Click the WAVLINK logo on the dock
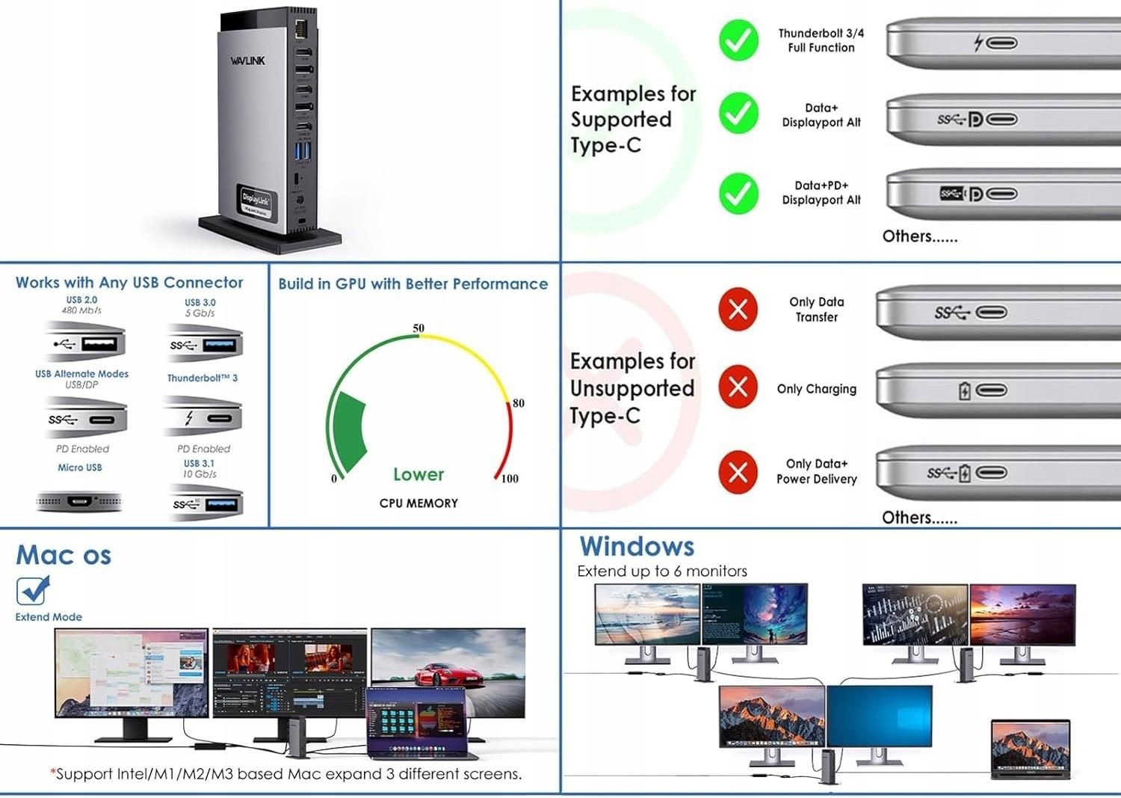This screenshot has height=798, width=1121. tap(247, 61)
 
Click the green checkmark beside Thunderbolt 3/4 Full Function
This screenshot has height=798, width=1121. tap(738, 40)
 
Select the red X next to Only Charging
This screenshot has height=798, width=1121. tap(738, 387)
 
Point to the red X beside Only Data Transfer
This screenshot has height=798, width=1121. tap(738, 309)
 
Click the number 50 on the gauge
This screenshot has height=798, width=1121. tap(419, 328)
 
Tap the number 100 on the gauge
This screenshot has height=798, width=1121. tap(510, 479)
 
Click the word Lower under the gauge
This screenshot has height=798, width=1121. tap(419, 474)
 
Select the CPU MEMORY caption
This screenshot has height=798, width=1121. tap(419, 503)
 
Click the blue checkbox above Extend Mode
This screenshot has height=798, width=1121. tap(32, 591)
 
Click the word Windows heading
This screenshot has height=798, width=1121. tap(637, 546)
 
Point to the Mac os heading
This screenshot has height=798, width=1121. tap(64, 555)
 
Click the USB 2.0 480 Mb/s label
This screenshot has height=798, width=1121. tap(81, 304)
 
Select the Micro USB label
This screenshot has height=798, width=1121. tap(80, 467)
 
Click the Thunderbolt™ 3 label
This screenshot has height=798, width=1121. tap(203, 378)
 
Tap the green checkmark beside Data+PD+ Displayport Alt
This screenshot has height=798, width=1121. tap(738, 193)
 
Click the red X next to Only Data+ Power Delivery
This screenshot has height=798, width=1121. tap(738, 472)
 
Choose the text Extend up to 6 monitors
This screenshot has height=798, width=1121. tap(662, 571)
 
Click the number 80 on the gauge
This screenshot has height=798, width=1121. tap(519, 403)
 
